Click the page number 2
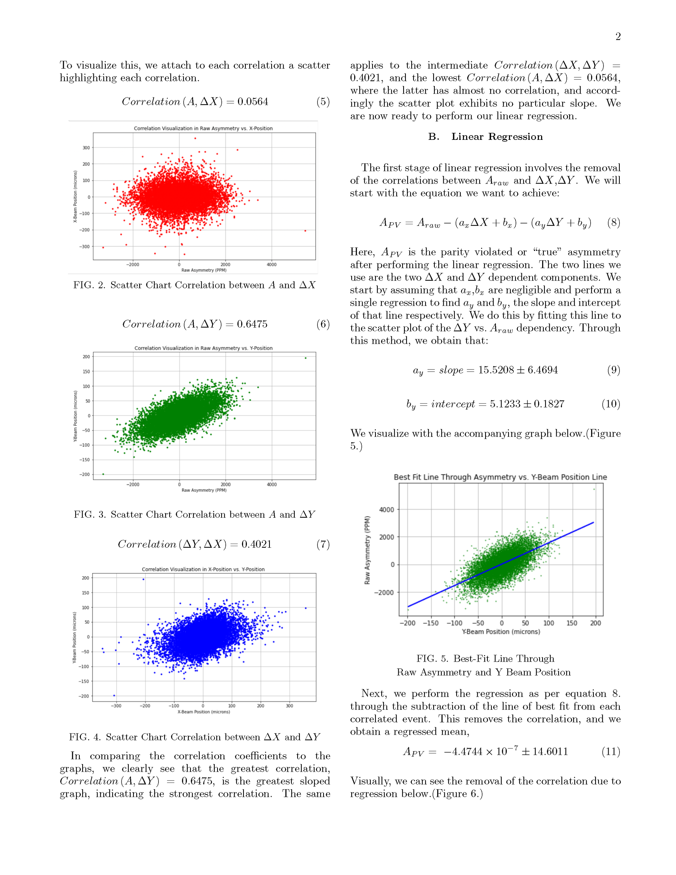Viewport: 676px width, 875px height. pos(618,37)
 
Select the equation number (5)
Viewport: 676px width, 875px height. pos(323,102)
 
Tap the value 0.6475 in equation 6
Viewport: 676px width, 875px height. pos(252,324)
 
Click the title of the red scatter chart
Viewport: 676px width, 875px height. pos(203,128)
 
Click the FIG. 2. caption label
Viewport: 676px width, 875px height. pos(89,285)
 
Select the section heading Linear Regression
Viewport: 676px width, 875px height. pos(497,137)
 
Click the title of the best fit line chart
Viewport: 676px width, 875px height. pos(500,477)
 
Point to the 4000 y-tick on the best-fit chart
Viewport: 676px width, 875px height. pos(386,510)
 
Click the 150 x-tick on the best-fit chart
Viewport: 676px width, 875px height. pos(572,623)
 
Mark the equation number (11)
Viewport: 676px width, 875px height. pos(611,752)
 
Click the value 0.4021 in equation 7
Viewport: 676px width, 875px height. pos(256,544)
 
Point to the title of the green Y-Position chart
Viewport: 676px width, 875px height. pos(203,348)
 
